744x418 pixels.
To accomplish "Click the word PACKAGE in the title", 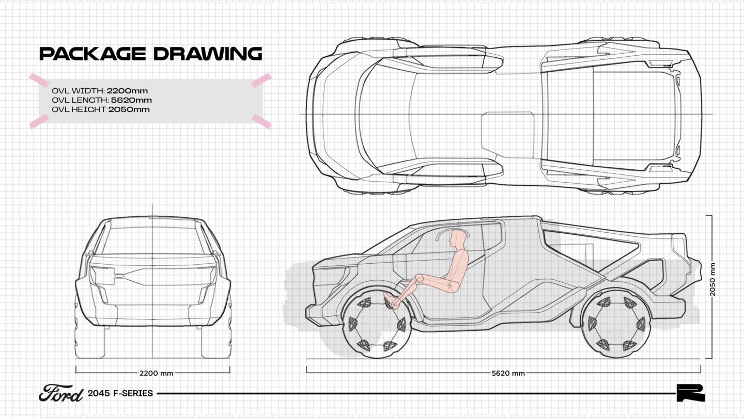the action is click(92, 54).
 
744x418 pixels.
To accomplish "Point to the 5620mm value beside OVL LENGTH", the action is click(131, 100).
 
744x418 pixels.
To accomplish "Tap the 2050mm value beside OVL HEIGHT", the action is click(129, 109).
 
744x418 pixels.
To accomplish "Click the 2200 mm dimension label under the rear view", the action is click(156, 373).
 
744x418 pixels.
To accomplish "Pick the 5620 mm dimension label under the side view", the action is click(508, 373).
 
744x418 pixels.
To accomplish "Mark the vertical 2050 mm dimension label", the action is click(712, 279).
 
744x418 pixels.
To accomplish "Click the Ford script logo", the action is click(61, 393).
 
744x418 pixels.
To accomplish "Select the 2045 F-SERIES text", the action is click(120, 393).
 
